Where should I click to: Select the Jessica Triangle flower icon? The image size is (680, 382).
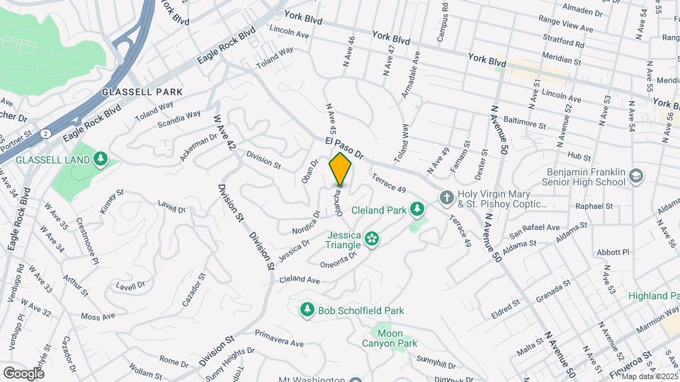pos(371,240)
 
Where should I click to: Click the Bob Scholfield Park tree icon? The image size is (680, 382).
pos(307,310)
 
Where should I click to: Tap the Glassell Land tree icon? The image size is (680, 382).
pos(101,158)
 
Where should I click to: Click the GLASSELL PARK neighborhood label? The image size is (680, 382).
pos(142,92)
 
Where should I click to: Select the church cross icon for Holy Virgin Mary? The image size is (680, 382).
pos(446,197)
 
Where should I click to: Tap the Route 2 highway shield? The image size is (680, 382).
pos(46,132)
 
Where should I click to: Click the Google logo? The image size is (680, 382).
pos(24,373)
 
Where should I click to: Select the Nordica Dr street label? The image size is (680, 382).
pos(305,221)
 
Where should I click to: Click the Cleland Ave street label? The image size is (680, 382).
pos(300,280)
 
